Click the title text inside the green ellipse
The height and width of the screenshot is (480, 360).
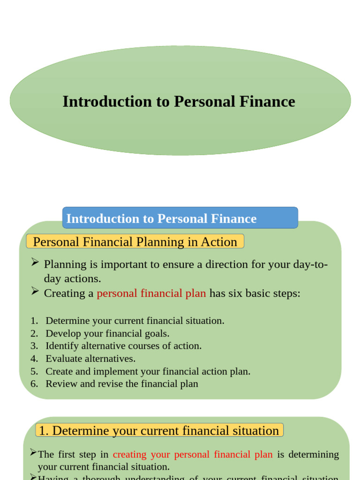tap(179, 102)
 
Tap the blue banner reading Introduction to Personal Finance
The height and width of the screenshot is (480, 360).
tap(180, 218)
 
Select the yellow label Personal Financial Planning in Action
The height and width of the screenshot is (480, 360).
tap(135, 242)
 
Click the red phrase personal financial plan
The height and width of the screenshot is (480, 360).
tap(151, 293)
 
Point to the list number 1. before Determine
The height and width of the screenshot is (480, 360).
tap(34, 321)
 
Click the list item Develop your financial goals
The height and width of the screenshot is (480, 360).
tap(107, 334)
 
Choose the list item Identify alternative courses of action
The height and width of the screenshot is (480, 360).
tap(123, 346)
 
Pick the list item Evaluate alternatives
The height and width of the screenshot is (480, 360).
tap(90, 359)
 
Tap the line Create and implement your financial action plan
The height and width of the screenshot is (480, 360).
tap(148, 372)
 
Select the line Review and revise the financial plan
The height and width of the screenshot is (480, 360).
tap(122, 384)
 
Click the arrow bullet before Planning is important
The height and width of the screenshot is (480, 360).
tap(35, 263)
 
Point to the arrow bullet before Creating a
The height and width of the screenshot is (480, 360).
tap(35, 292)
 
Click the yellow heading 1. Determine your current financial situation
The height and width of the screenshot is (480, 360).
tap(159, 431)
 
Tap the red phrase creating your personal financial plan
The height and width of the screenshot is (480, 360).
tap(193, 455)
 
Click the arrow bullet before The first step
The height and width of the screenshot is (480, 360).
tap(33, 453)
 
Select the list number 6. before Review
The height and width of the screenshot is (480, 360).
tap(34, 384)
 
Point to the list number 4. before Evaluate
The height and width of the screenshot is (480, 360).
tap(34, 359)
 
